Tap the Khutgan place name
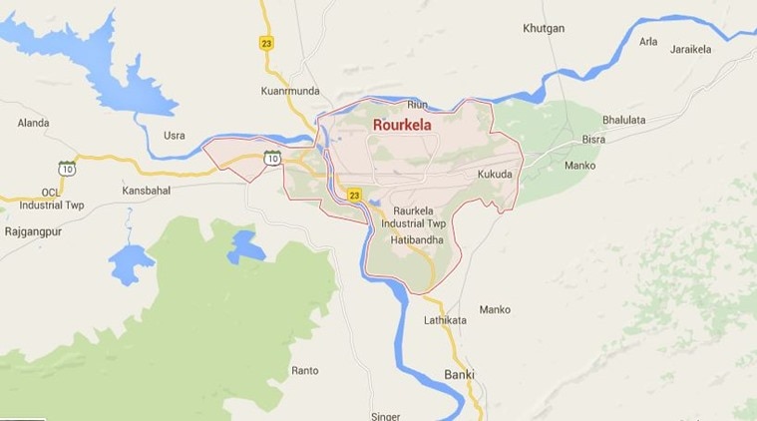[544, 28]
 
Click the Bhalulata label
[622, 120]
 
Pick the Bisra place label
[593, 140]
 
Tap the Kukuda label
[495, 174]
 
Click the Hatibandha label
[417, 240]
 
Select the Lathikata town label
[445, 320]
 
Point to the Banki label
[459, 375]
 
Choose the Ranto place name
[304, 370]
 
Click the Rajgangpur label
[33, 230]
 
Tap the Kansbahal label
[146, 190]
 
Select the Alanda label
[33, 123]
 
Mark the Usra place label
[175, 135]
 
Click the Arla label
[648, 41]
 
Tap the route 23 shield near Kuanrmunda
[266, 42]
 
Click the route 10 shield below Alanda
[67, 168]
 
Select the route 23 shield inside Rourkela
[354, 195]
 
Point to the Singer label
[385, 415]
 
